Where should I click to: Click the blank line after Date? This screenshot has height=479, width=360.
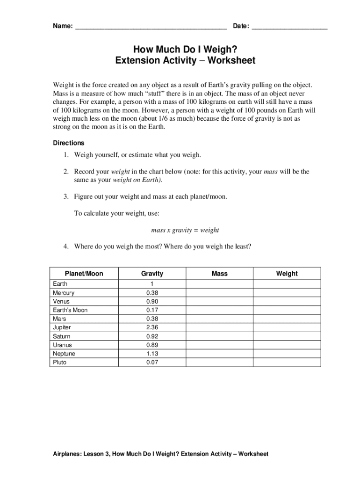pyautogui.click(x=289, y=28)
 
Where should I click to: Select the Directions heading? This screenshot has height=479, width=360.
pyautogui.click(x=68, y=143)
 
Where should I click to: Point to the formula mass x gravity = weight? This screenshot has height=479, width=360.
pyautogui.click(x=185, y=230)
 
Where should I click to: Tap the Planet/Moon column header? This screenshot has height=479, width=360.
pyautogui.click(x=84, y=274)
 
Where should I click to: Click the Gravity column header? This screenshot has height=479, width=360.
pyautogui.click(x=152, y=274)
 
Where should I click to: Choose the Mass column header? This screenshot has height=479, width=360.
pyautogui.click(x=219, y=274)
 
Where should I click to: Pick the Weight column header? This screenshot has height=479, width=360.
pyautogui.click(x=287, y=274)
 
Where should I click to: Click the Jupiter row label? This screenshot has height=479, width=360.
pyautogui.click(x=62, y=327)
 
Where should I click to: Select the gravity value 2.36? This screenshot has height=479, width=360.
pyautogui.click(x=152, y=327)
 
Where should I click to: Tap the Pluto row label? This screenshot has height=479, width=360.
pyautogui.click(x=60, y=362)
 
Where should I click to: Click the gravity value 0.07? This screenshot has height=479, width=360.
pyautogui.click(x=152, y=362)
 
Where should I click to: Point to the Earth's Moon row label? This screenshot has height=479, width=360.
pyautogui.click(x=70, y=310)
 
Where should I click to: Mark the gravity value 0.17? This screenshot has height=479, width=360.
pyautogui.click(x=152, y=310)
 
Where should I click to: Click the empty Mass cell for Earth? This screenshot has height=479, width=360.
pyautogui.click(x=219, y=284)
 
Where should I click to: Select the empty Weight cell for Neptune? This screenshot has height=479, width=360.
pyautogui.click(x=287, y=354)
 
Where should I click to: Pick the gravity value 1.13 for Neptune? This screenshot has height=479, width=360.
pyautogui.click(x=152, y=354)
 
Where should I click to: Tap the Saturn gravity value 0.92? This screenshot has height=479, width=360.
pyautogui.click(x=152, y=336)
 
